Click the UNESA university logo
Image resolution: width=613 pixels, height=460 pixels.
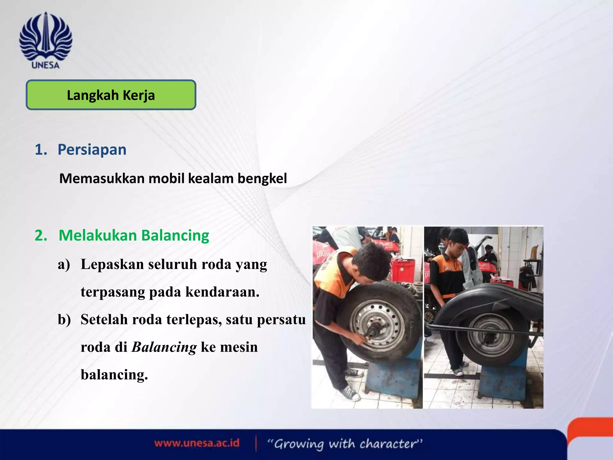click(45, 40)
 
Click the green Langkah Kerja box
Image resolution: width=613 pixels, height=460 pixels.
click(111, 95)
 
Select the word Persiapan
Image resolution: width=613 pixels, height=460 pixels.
click(92, 149)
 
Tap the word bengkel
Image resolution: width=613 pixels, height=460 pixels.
click(262, 178)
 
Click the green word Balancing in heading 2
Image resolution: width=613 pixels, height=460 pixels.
click(175, 235)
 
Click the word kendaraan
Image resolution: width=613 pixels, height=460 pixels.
click(222, 292)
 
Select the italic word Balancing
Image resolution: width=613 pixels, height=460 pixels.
click(164, 347)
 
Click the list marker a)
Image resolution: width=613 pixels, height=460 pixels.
click(64, 264)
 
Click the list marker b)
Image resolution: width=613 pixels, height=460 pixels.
click(64, 320)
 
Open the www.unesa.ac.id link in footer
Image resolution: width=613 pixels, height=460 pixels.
click(197, 443)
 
